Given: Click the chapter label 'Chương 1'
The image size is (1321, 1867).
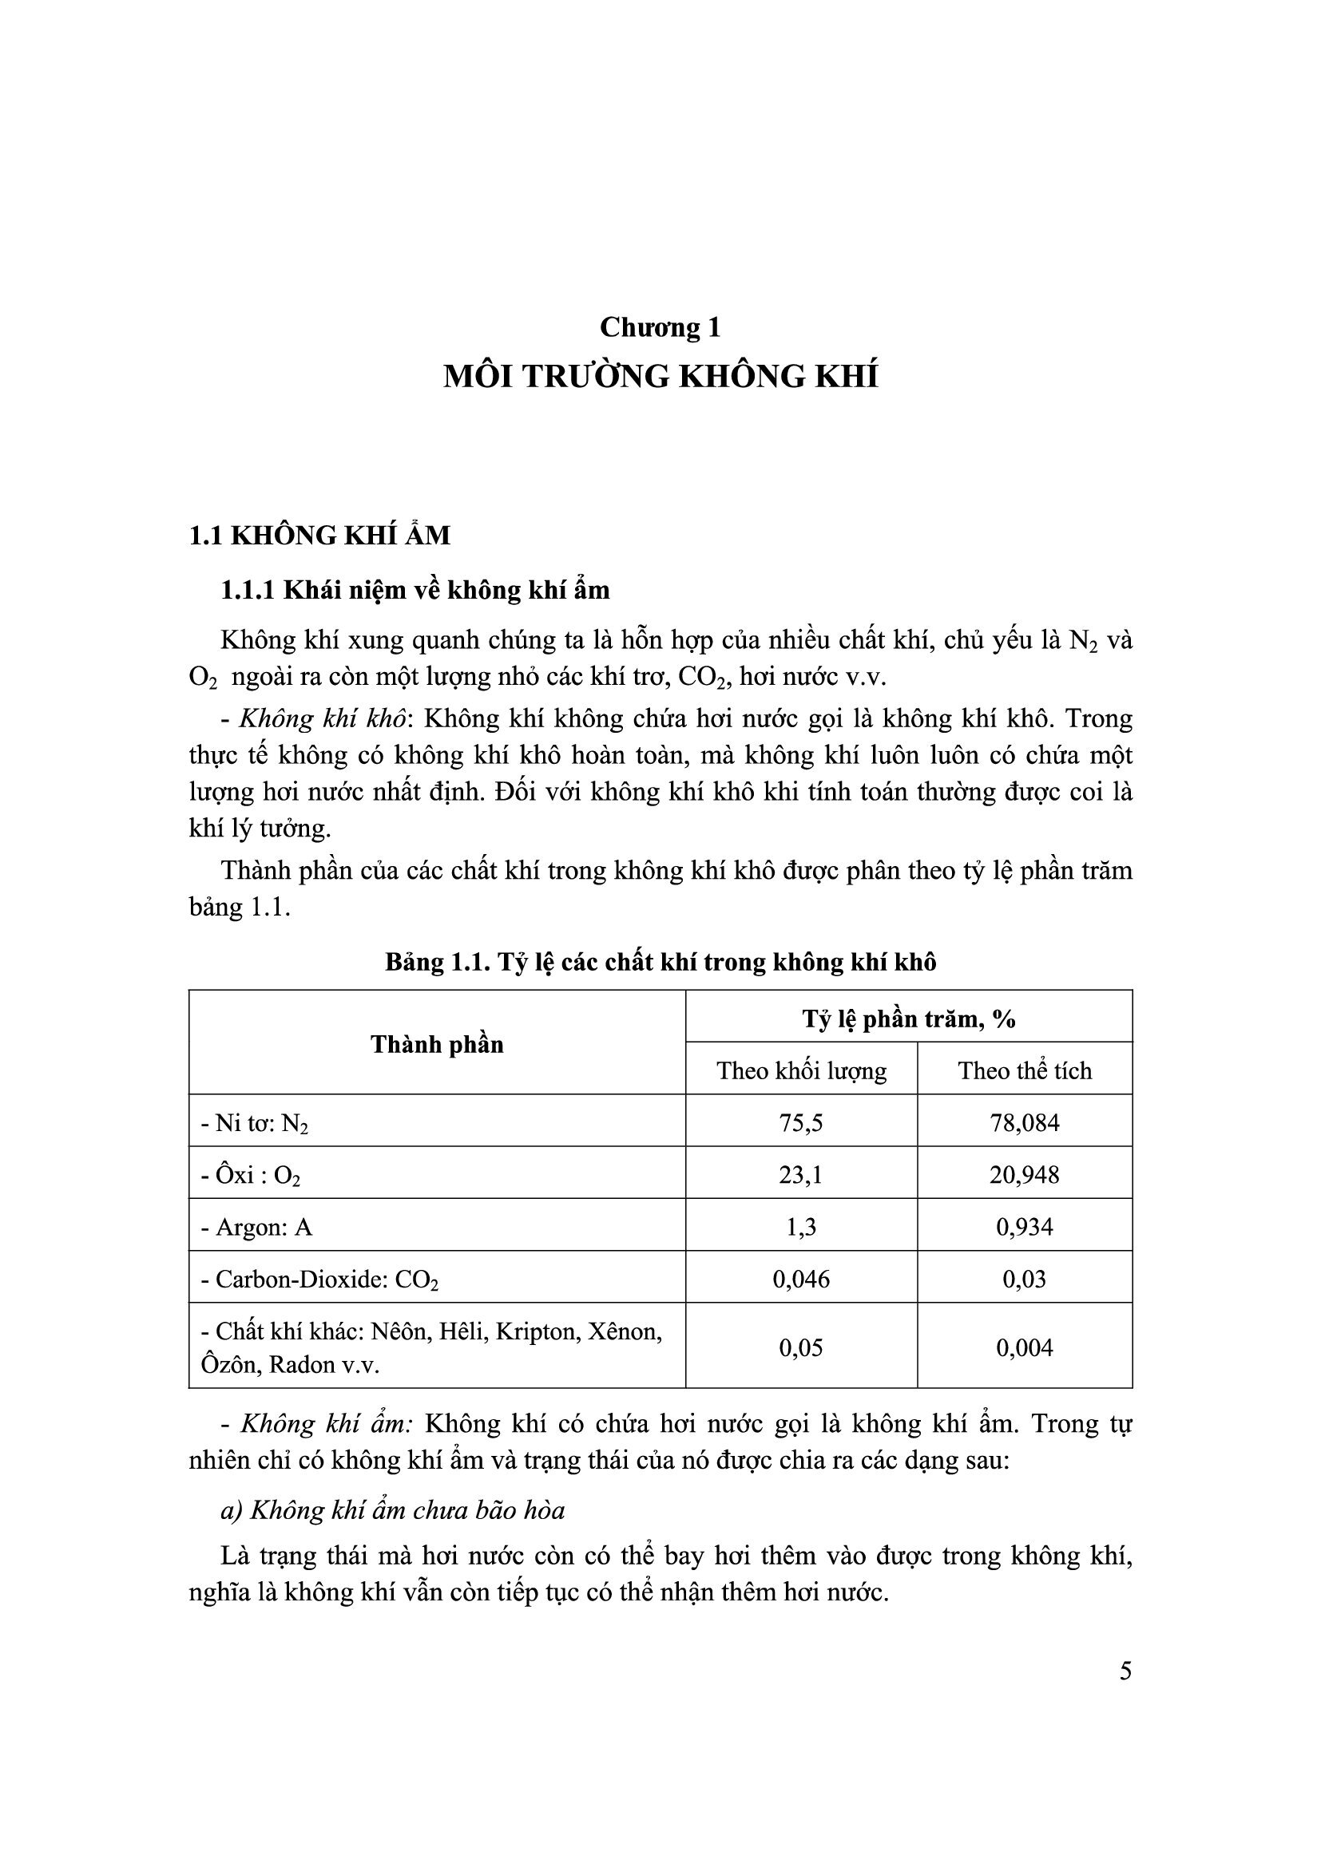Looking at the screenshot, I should click(x=660, y=327).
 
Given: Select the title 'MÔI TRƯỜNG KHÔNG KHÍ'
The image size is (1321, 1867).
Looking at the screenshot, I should click(x=660, y=378).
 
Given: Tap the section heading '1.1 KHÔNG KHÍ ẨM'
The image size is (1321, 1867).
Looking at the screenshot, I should click(x=319, y=535).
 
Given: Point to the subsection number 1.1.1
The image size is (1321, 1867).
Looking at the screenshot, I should click(x=248, y=590).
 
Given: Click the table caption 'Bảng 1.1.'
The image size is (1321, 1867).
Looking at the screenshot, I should click(x=435, y=962).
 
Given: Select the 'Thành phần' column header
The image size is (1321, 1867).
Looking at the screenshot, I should click(x=437, y=1044).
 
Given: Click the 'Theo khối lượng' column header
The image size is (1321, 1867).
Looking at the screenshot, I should click(x=801, y=1070).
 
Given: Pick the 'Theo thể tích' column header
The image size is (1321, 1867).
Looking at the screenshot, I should click(x=1024, y=1070).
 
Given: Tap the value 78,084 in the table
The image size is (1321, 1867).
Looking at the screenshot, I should click(x=1024, y=1123).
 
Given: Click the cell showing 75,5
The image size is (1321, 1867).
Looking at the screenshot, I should click(x=801, y=1123).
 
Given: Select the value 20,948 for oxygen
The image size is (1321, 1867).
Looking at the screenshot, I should click(x=1024, y=1175).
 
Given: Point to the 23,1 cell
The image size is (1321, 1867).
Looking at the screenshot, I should click(x=801, y=1175).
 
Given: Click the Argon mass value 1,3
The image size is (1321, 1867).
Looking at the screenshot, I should click(x=801, y=1227).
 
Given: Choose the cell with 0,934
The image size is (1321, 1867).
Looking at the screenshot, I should click(x=1024, y=1227).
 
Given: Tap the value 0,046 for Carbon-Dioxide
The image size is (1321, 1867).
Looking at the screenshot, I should click(x=801, y=1279).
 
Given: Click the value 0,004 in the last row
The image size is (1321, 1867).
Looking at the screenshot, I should click(x=1024, y=1348).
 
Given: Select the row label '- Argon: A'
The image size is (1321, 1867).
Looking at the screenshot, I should click(x=256, y=1227).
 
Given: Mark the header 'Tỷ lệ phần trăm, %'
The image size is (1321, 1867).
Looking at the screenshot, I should click(x=909, y=1018).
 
